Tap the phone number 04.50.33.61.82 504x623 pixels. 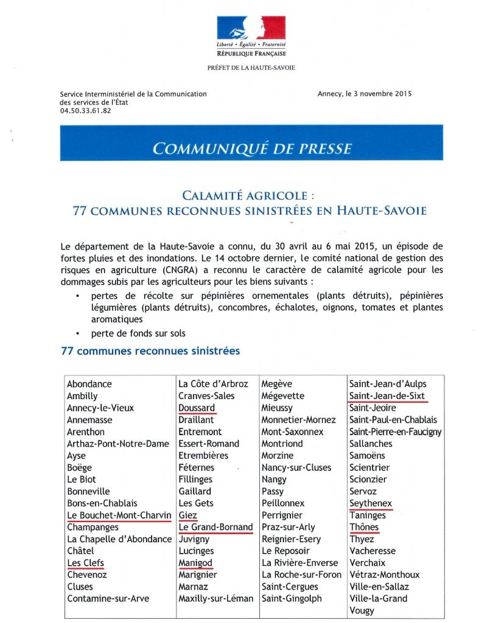[x=85, y=111]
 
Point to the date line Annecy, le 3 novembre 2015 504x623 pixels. [x=365, y=94]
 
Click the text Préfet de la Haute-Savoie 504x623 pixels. [x=251, y=68]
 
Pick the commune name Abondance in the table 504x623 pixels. [x=89, y=384]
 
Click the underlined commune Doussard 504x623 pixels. [x=197, y=408]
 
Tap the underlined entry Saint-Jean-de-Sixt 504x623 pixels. [x=387, y=396]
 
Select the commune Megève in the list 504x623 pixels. [x=276, y=384]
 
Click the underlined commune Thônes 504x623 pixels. [x=364, y=527]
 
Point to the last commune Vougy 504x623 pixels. [x=362, y=610]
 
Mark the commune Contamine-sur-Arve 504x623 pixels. [x=108, y=599]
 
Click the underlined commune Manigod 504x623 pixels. [x=195, y=563]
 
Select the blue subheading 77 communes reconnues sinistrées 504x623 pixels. [x=150, y=351]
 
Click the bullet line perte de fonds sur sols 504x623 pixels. [x=138, y=333]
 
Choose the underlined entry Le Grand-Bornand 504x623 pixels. [x=215, y=527]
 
